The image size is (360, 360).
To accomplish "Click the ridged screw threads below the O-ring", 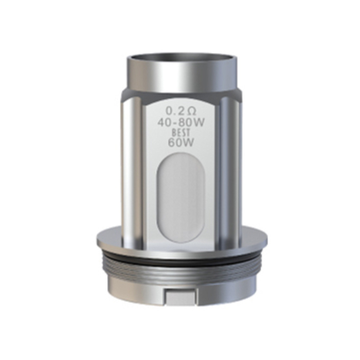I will pos(180,270).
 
